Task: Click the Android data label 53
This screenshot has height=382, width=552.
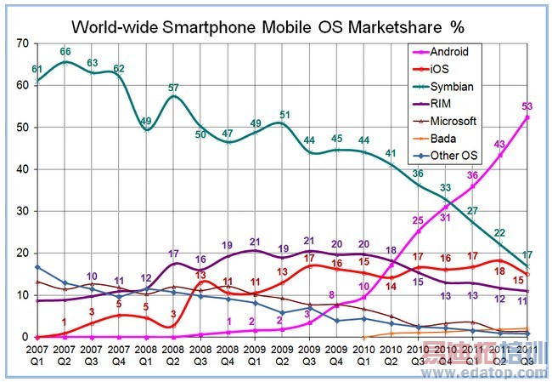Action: [527, 106]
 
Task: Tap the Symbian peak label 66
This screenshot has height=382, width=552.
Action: [65, 52]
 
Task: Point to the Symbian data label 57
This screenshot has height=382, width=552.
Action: [173, 88]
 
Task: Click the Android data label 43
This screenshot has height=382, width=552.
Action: [500, 144]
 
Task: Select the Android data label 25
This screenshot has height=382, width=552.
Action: [418, 220]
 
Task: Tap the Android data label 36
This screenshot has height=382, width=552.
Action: [472, 175]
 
